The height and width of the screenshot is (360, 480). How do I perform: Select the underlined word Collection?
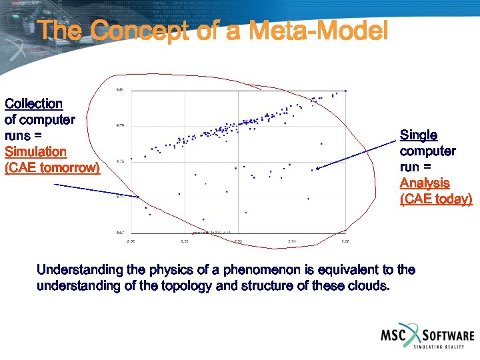33,103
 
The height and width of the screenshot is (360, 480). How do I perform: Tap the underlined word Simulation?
35,151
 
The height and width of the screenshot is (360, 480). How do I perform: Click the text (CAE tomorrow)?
52,167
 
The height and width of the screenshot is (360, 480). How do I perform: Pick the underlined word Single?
419,135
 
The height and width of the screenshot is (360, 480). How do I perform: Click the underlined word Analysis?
425,183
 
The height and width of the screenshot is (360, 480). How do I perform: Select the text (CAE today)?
436,199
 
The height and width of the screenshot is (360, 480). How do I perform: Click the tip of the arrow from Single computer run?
317,169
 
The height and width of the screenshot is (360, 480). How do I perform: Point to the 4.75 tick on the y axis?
120,161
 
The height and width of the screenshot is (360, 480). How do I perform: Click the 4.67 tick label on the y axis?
120,233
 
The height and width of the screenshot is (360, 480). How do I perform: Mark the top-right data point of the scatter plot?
344,93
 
